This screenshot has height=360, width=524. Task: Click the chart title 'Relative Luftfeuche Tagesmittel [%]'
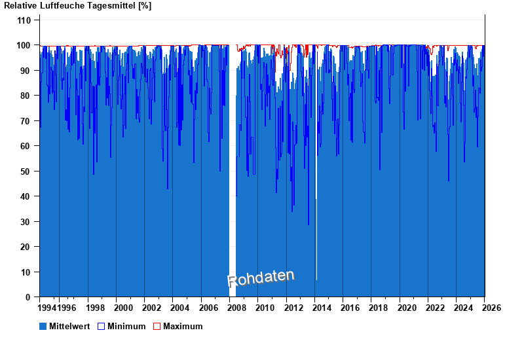click(x=78, y=6)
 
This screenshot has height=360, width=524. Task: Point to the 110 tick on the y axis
click(x=24, y=20)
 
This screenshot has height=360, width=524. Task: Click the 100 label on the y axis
click(x=24, y=45)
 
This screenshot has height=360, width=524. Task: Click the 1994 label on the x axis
click(x=47, y=308)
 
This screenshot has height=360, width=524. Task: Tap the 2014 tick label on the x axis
click(x=322, y=308)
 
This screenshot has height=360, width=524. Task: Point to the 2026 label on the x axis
click(x=493, y=308)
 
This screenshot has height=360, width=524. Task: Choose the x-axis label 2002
click(x=152, y=308)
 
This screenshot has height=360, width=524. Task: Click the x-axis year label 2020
click(x=407, y=308)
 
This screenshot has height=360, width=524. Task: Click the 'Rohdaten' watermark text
click(x=261, y=278)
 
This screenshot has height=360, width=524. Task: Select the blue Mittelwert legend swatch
click(x=43, y=326)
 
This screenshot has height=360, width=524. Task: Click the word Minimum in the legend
click(x=126, y=326)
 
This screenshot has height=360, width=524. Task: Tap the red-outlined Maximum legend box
click(x=157, y=326)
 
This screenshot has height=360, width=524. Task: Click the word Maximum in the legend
click(x=183, y=326)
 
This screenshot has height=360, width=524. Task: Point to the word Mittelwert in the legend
click(x=70, y=326)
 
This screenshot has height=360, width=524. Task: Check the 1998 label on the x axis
click(x=96, y=308)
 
